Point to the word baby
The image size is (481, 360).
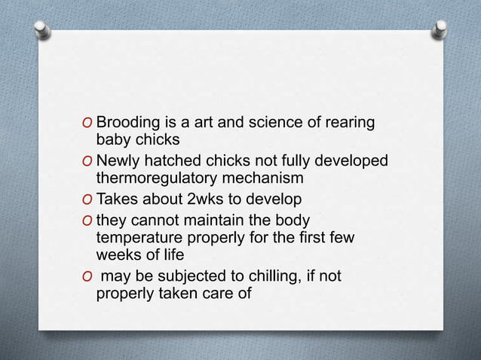pos(112,139)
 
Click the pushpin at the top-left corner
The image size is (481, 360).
pos(42,29)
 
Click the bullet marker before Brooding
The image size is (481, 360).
pos(90,124)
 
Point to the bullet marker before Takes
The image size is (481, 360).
pos(90,200)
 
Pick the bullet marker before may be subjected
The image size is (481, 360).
pos(90,277)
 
